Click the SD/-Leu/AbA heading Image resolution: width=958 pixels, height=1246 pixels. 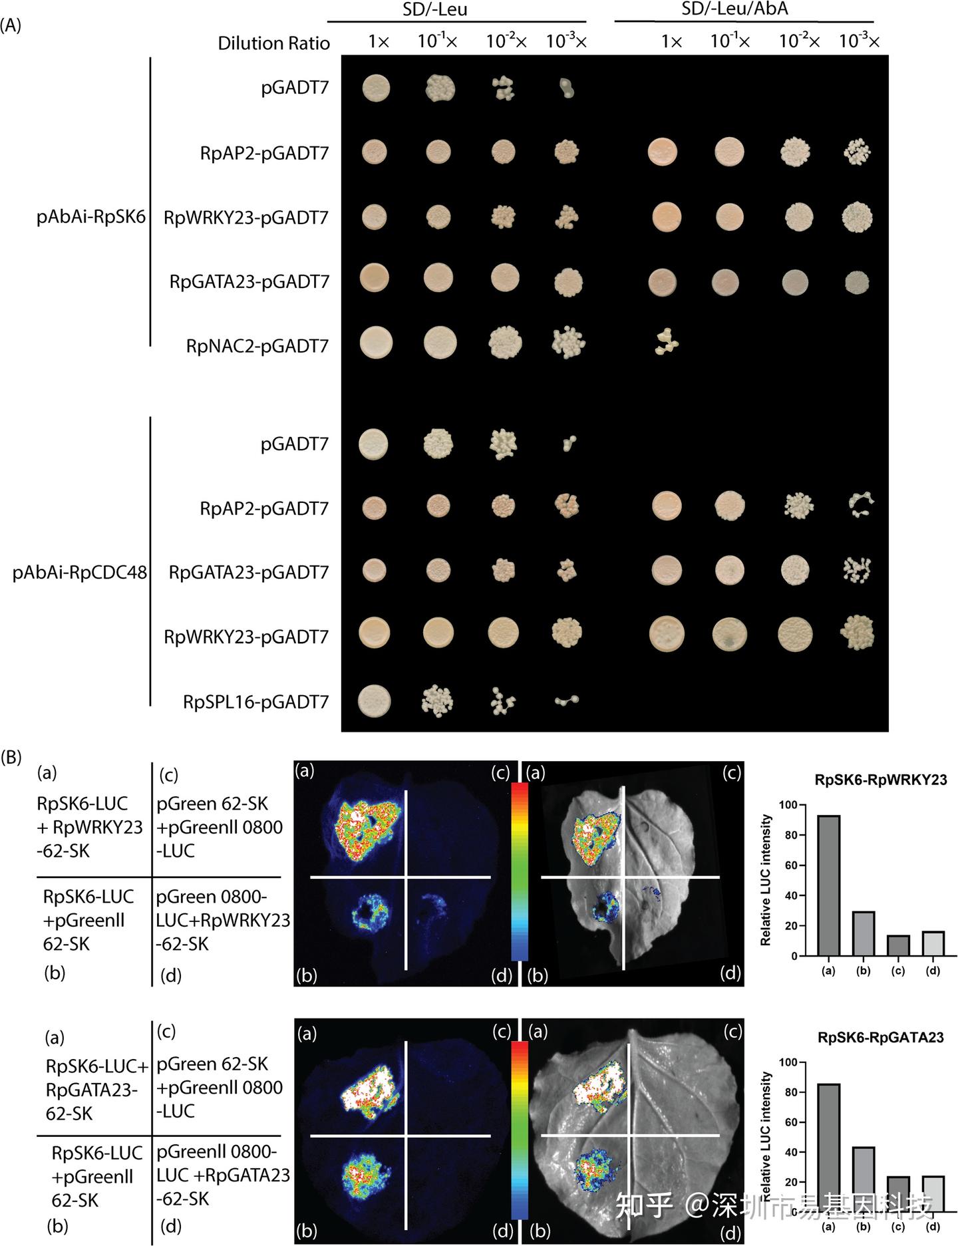[735, 9]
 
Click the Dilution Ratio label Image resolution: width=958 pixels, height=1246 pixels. [273, 43]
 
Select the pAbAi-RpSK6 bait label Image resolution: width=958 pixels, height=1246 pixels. [91, 217]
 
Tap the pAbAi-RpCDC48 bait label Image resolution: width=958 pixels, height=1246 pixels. [80, 572]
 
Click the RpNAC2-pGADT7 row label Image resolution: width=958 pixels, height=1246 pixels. [257, 346]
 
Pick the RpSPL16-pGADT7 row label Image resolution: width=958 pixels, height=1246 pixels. [256, 702]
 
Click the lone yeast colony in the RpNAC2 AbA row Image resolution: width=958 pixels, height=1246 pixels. [665, 341]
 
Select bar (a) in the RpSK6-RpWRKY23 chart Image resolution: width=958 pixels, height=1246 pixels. [828, 885]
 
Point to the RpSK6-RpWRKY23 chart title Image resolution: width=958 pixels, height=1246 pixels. [880, 780]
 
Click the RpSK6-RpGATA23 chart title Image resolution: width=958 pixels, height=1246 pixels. [880, 1036]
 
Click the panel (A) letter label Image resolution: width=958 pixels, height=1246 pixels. [11, 25]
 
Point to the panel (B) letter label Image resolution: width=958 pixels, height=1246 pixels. [11, 756]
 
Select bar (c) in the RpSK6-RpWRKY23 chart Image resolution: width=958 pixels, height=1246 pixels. [898, 945]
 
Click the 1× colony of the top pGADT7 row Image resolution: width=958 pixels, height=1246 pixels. [376, 88]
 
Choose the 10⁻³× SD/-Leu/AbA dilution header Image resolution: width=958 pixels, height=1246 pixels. [859, 41]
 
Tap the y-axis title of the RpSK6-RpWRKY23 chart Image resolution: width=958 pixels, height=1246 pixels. [766, 879]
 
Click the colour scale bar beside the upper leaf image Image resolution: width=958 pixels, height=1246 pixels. [520, 871]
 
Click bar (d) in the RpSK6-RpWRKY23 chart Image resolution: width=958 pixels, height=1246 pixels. [933, 943]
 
